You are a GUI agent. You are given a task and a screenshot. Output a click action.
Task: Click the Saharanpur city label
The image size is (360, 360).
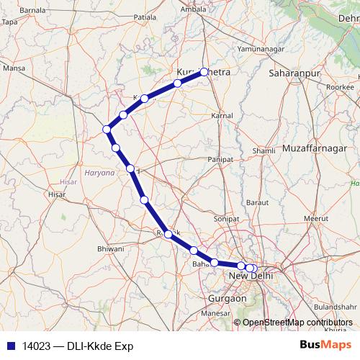(x=293, y=73)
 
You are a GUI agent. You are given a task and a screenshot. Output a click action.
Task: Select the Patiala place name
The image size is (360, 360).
(x=145, y=14)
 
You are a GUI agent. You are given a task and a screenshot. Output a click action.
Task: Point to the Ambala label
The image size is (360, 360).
(x=207, y=9)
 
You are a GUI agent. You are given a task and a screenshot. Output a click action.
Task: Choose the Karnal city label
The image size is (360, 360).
(x=222, y=115)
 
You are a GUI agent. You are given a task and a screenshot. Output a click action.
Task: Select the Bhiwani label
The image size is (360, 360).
(x=111, y=250)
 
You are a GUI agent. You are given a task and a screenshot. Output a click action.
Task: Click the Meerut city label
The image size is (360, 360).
(x=315, y=217)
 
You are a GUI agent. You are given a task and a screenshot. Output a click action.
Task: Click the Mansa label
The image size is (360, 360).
(x=14, y=68)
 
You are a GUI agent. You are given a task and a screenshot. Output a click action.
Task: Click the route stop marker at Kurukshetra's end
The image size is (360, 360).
(x=204, y=71)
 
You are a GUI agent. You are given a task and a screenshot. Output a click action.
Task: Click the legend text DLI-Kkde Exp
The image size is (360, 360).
(x=97, y=346)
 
